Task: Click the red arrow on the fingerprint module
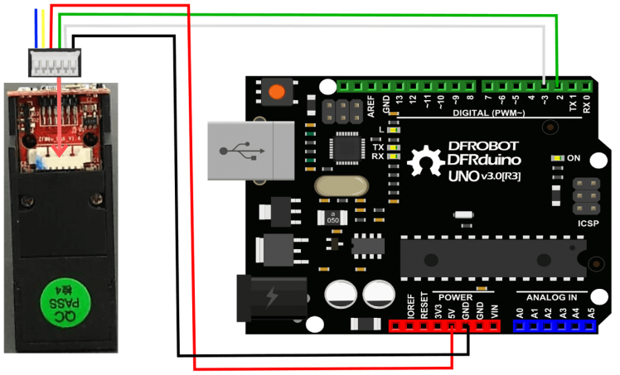[60, 116]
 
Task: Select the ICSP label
[585, 222]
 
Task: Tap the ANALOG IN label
[553, 296]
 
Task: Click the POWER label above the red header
[456, 296]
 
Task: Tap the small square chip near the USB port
[343, 148]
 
